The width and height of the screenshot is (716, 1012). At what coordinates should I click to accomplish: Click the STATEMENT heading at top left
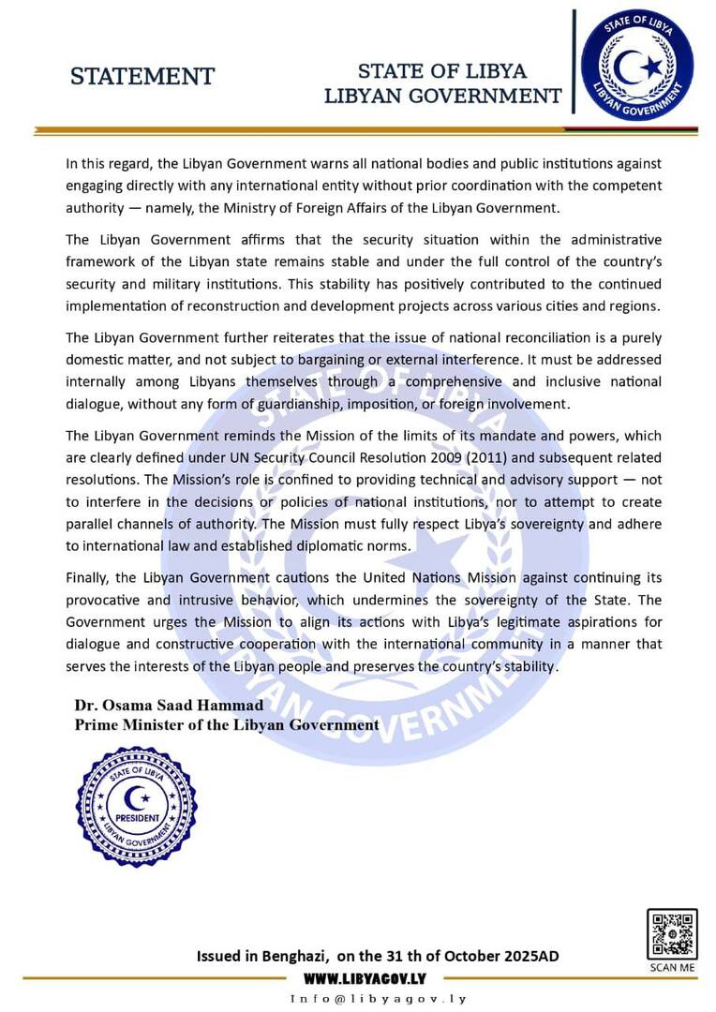142,77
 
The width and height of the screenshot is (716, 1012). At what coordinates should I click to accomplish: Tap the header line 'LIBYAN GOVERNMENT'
443,96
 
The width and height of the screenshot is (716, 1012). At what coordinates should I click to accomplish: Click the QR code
671,933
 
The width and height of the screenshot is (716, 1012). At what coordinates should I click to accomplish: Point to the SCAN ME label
672,967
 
